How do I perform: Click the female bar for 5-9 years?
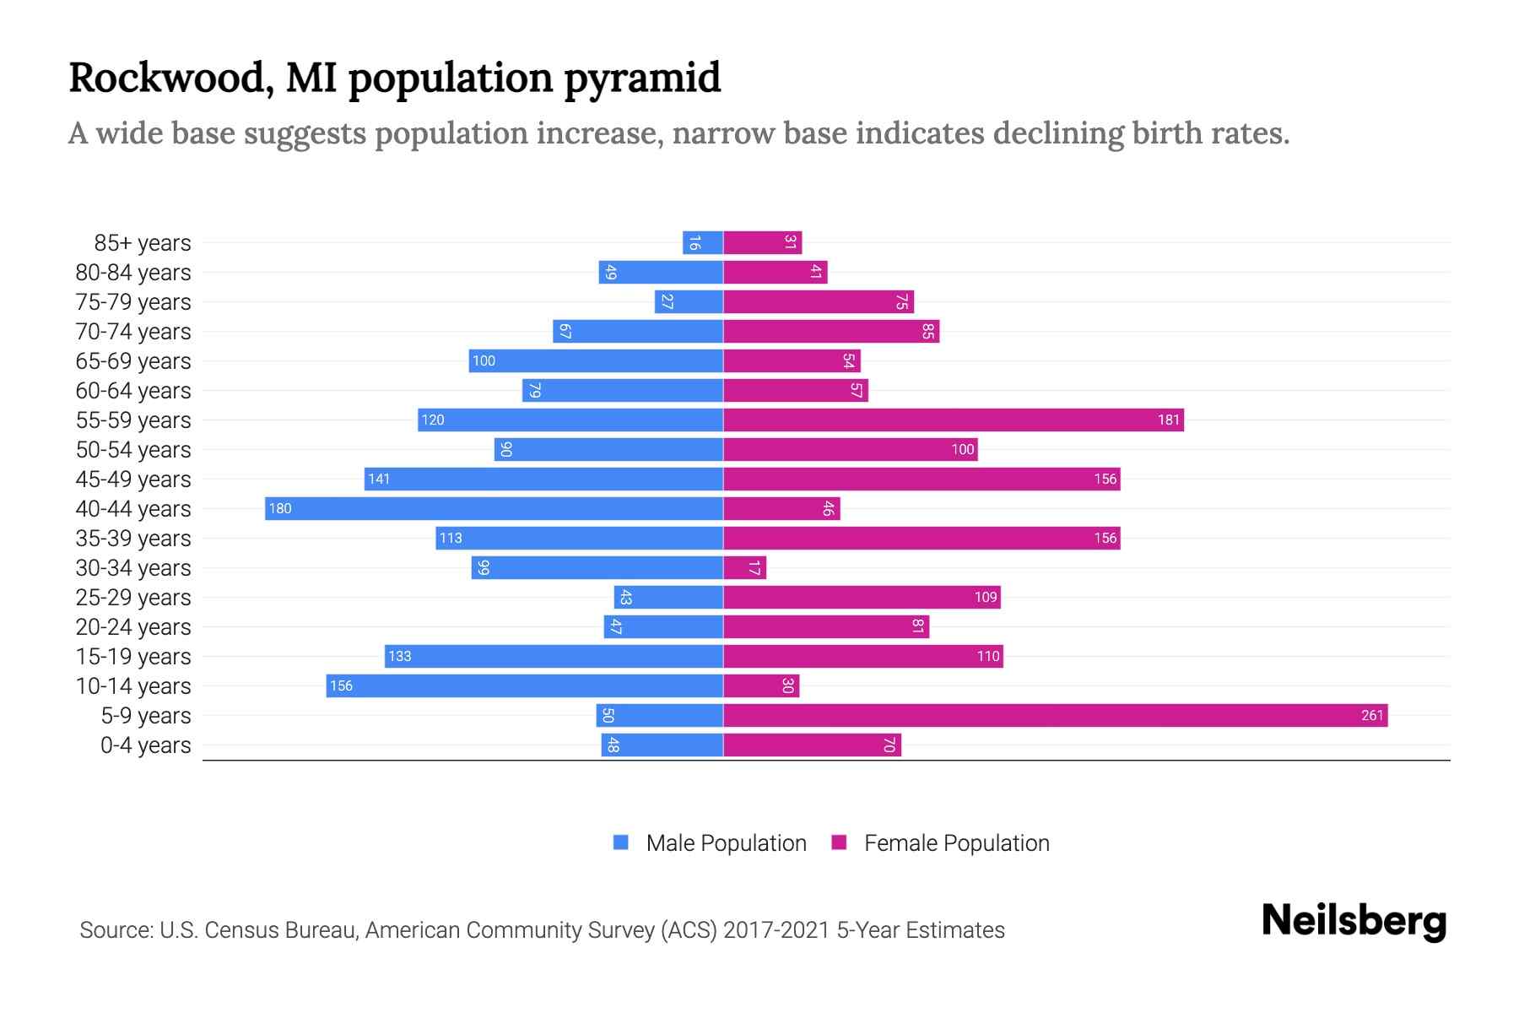coord(1055,716)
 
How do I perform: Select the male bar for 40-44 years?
coord(494,509)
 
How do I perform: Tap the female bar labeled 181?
coord(954,420)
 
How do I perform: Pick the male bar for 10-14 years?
coord(525,686)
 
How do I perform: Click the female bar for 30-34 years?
coord(744,568)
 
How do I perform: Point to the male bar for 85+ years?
coord(703,243)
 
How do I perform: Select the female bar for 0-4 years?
coord(812,745)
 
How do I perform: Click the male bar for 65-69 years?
coord(596,361)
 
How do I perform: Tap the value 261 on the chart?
coord(1372,716)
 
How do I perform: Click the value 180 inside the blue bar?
coord(280,509)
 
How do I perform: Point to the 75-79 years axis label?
coord(133,302)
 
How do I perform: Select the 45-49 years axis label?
coord(133,479)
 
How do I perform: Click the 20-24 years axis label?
coord(133,627)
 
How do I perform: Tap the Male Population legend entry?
coord(710,843)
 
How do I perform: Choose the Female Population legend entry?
coord(940,843)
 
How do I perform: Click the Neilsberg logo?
coord(1354,921)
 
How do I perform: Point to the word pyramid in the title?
coord(641,79)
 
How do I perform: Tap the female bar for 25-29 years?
coord(862,598)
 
